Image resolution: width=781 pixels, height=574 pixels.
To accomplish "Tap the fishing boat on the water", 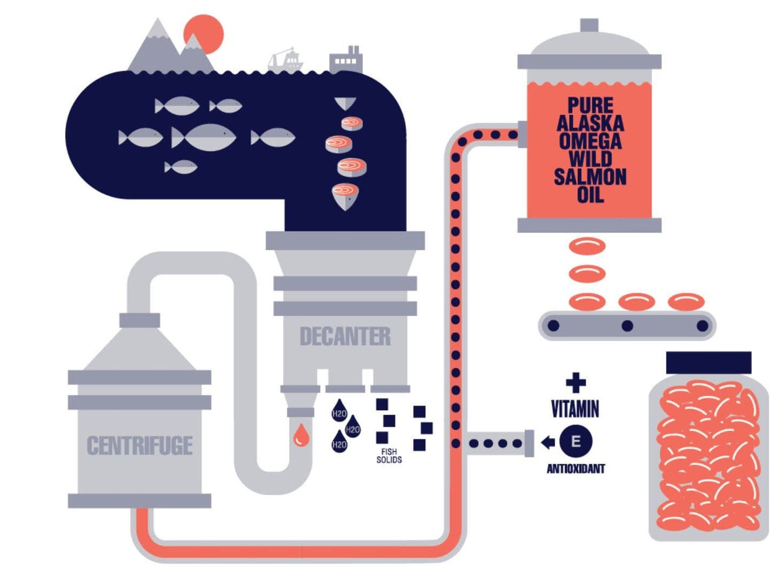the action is coord(285,60).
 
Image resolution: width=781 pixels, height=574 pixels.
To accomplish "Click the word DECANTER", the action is coord(345,336).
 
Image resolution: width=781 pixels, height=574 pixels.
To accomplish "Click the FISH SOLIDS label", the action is coord(389,456).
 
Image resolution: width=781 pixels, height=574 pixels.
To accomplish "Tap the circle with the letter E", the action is coord(576,441).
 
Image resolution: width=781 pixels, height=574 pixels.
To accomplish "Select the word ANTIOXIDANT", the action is coord(576,469).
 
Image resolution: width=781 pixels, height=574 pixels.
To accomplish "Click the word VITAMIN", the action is coord(575,409).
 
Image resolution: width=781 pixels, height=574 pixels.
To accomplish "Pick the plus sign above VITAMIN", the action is coord(576,382).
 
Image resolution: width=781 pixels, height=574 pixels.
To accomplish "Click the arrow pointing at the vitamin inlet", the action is coord(548,442).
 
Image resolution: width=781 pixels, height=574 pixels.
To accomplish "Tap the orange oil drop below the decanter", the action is coord(301,435).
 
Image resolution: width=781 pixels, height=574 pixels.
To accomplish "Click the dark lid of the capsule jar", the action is coord(709,362).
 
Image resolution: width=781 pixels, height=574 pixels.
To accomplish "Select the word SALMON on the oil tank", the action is coord(590,177).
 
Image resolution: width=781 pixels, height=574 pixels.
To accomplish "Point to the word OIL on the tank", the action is coord(590,195).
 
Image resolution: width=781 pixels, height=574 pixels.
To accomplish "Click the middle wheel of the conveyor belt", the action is coord(628,326).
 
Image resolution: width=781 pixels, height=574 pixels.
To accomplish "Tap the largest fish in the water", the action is coord(204,137).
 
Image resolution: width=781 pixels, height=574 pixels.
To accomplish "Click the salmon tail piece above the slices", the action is coord(345,104).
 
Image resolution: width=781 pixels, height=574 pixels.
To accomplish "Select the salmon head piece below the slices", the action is coord(345,197).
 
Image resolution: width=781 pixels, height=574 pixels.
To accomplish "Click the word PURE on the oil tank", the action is coord(590,105).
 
